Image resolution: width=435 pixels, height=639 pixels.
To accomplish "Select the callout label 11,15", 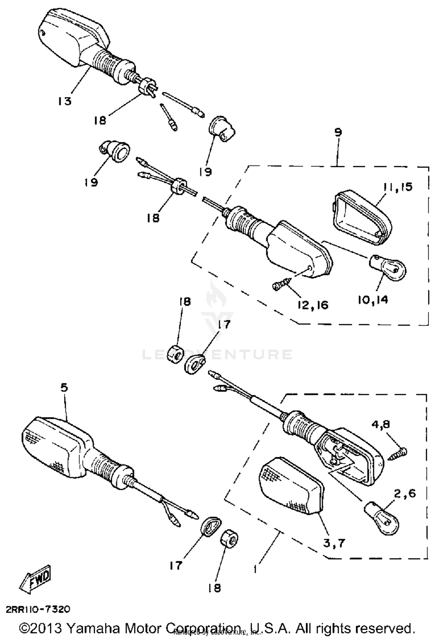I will [x=398, y=187].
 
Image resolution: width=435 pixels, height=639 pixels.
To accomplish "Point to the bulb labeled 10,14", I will [x=388, y=268].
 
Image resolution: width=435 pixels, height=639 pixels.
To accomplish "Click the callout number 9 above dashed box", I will [x=338, y=132].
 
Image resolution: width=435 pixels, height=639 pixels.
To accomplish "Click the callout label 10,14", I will [x=372, y=300].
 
